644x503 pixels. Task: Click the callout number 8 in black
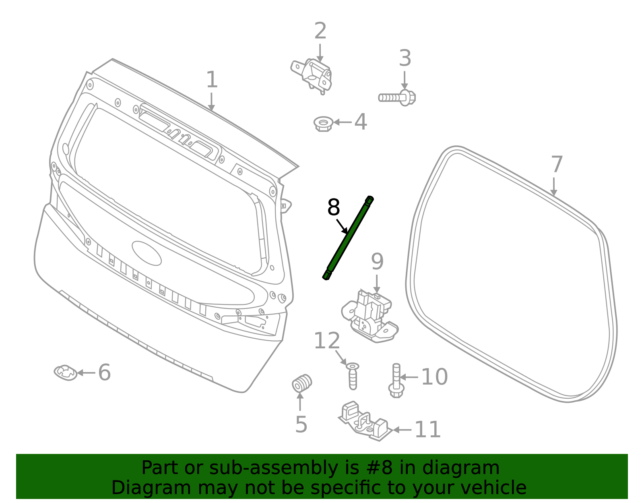click(x=334, y=208)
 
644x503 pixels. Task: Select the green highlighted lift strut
click(x=348, y=238)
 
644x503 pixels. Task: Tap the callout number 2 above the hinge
click(x=320, y=31)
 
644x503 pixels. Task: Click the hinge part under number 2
click(x=314, y=75)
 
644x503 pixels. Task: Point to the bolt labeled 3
click(x=396, y=97)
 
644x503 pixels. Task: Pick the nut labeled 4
click(x=323, y=123)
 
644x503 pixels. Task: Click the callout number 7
click(x=556, y=165)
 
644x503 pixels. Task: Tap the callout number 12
click(x=326, y=341)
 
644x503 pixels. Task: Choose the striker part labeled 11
click(x=364, y=422)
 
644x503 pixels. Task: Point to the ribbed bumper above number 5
click(x=302, y=383)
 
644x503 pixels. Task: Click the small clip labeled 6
click(x=66, y=373)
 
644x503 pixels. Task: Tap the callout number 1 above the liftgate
click(x=212, y=80)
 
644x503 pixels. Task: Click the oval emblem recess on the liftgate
click(x=147, y=253)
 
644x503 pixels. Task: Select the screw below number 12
click(x=353, y=376)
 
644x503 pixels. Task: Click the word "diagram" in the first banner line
click(x=462, y=468)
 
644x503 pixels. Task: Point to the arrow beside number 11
click(x=402, y=430)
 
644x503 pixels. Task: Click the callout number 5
click(x=301, y=424)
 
